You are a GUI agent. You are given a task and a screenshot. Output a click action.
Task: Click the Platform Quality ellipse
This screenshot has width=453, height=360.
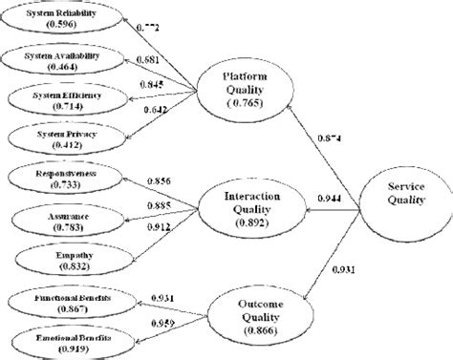(x=243, y=92)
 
